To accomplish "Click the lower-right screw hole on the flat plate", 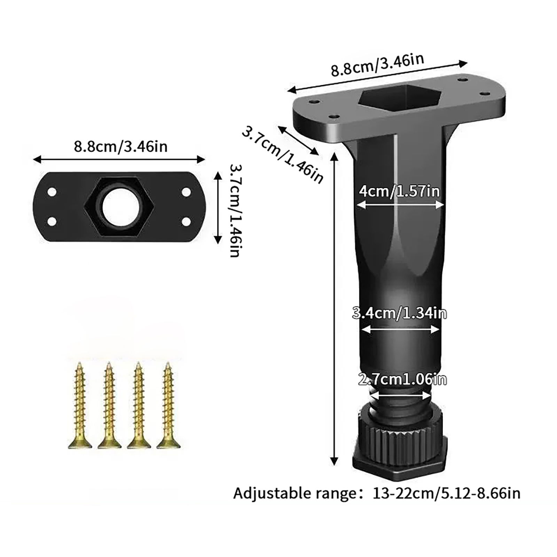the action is click(x=186, y=221).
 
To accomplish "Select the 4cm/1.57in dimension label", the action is click(x=400, y=191).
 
